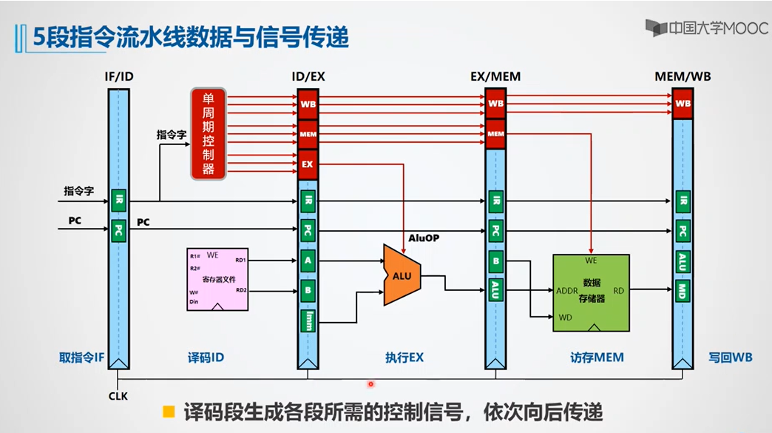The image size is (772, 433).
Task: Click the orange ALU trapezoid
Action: click(402, 275)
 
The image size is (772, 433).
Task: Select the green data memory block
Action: click(591, 292)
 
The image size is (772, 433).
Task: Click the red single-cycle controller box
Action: click(208, 134)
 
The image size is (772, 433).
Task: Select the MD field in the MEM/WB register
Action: click(683, 291)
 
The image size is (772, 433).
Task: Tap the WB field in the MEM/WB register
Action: click(683, 104)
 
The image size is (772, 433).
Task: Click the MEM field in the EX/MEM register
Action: click(495, 134)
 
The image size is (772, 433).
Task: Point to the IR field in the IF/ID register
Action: click(118, 200)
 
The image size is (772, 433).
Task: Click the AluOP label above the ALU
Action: click(424, 238)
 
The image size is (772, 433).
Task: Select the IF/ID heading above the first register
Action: click(119, 76)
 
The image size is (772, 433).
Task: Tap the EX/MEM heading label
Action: click(495, 76)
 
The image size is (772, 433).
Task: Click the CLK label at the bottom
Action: click(118, 396)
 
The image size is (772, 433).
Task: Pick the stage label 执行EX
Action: click(404, 358)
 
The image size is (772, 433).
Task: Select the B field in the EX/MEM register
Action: click(495, 261)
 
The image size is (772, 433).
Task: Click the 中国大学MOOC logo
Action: click(705, 28)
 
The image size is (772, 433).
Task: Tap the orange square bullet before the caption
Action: click(169, 411)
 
